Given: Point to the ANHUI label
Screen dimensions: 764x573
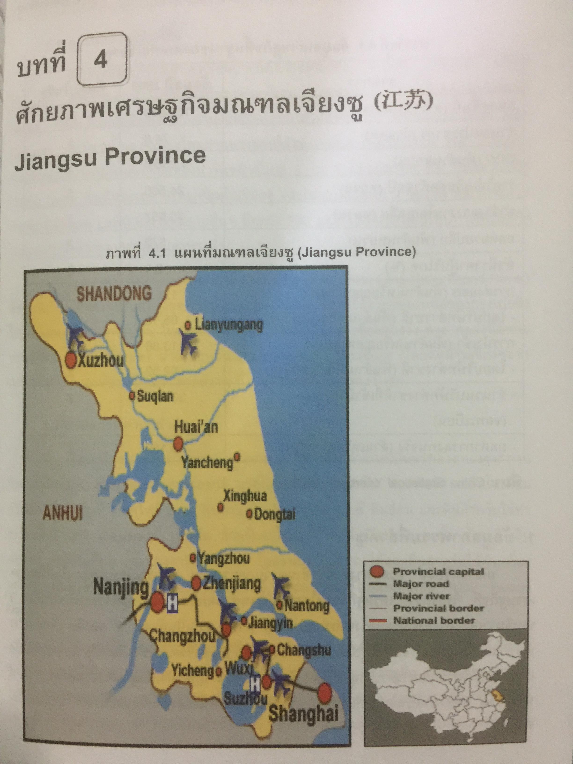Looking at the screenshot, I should pyautogui.click(x=63, y=514).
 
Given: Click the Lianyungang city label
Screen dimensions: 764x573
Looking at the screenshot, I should pyautogui.click(x=229, y=325).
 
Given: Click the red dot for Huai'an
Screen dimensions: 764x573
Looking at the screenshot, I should pyautogui.click(x=178, y=444).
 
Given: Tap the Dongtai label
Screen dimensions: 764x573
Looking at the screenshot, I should pyautogui.click(x=275, y=514).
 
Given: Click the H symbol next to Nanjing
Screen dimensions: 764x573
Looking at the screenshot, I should pyautogui.click(x=172, y=604).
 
